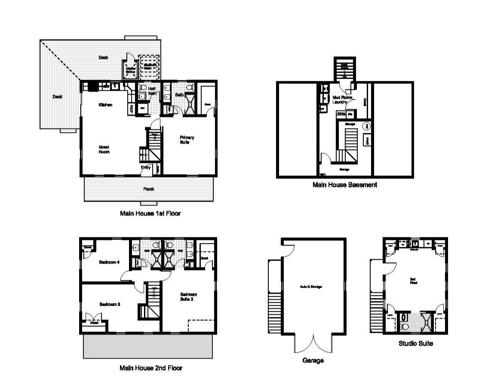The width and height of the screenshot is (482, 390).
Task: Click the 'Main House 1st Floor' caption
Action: click(x=150, y=213)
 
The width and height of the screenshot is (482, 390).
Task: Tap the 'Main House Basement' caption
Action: click(x=345, y=185)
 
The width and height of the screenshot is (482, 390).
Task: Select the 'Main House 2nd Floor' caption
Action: click(x=150, y=368)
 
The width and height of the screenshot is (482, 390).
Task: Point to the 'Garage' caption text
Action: click(x=313, y=361)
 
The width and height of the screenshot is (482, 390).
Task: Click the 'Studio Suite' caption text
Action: click(x=415, y=344)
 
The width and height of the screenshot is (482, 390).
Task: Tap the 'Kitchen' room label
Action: click(x=105, y=105)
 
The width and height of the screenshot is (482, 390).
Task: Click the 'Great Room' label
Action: click(x=104, y=149)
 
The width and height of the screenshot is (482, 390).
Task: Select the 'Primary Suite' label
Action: click(x=187, y=139)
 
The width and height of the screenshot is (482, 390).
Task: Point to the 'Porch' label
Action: click(x=148, y=189)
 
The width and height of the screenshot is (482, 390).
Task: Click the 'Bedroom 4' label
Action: click(x=109, y=262)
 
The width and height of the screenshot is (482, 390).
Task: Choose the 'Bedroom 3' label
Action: click(x=109, y=304)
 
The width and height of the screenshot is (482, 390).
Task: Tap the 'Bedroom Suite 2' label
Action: click(x=188, y=297)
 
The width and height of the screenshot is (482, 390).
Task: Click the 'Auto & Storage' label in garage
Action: click(x=311, y=287)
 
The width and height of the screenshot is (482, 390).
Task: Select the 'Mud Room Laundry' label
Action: click(x=343, y=100)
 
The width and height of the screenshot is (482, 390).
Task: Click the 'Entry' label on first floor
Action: click(x=145, y=168)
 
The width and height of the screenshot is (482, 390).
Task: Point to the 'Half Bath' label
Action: click(x=152, y=90)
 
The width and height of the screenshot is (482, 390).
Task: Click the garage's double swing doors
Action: click(x=313, y=344)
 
